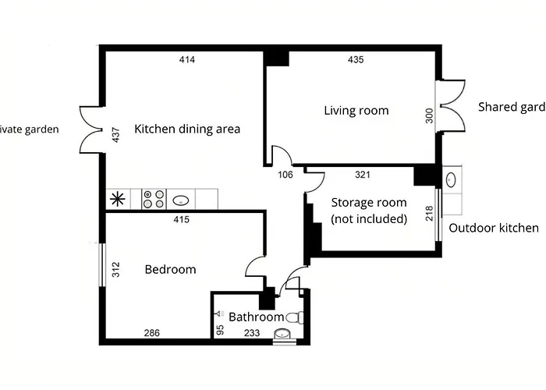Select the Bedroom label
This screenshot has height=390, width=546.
170,270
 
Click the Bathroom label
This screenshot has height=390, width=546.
256,317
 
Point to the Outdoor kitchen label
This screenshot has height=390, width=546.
494,229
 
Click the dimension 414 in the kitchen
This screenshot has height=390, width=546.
186,60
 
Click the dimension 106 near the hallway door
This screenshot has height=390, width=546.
285,175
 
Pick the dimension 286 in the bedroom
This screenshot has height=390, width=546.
152,333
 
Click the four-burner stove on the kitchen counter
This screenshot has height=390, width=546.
152,199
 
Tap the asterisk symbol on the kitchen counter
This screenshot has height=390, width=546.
119,199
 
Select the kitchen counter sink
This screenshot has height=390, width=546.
181,199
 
